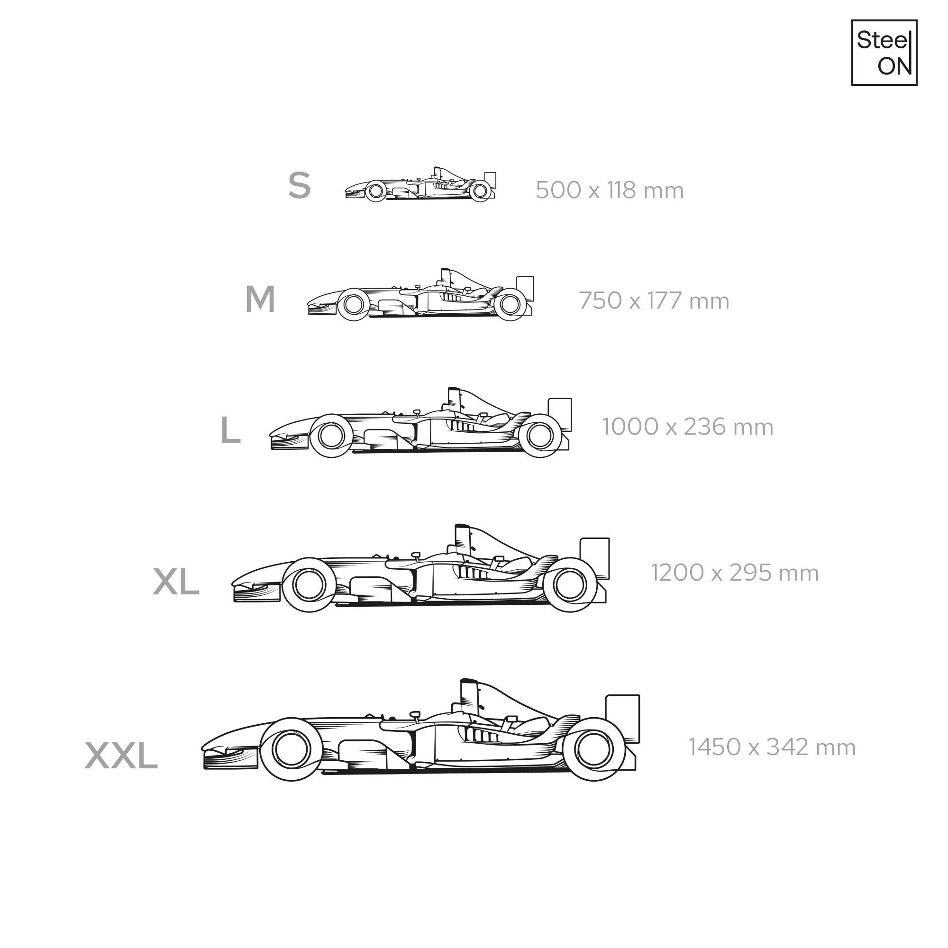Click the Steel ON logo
click(x=884, y=53)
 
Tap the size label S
click(x=299, y=185)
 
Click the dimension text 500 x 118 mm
click(x=610, y=191)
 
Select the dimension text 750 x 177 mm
click(x=654, y=301)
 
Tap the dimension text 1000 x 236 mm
click(x=687, y=427)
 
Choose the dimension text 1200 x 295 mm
click(x=735, y=573)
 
